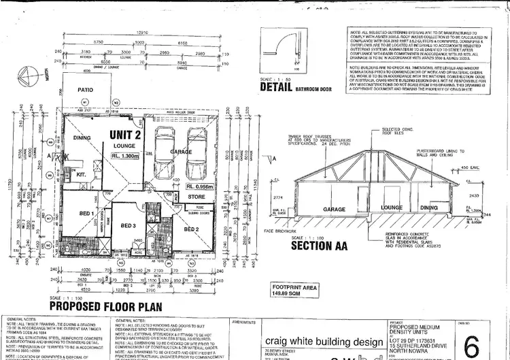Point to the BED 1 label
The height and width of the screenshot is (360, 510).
point(86,214)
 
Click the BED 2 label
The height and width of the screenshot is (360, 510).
point(191,230)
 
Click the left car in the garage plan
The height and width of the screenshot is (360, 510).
point(166,150)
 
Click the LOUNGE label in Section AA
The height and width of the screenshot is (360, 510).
point(392,208)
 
